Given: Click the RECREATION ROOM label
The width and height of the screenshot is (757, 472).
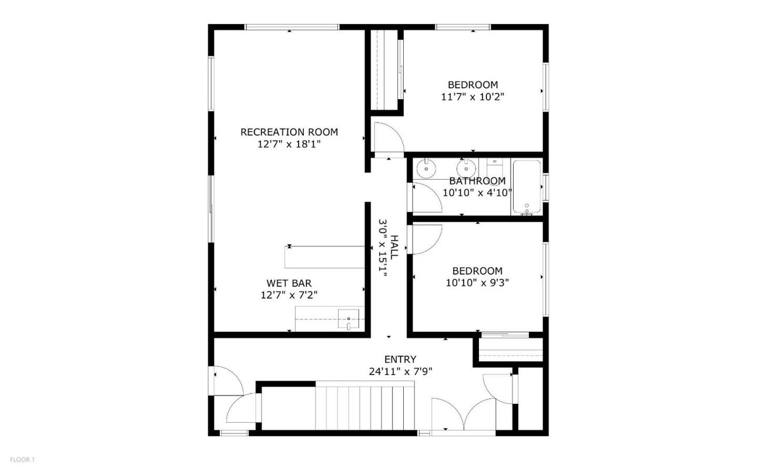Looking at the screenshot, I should pos(289,132).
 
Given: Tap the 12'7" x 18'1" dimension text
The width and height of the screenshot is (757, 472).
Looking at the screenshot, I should pos(289,144).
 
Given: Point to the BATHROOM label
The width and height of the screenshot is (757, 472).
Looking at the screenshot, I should pos(477,181).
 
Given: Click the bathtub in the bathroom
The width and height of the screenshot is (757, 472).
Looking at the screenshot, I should pos(527,187).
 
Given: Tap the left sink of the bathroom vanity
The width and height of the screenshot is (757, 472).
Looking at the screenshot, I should pos(424,168).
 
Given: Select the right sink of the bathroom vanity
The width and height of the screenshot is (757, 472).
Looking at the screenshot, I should pos(467,168).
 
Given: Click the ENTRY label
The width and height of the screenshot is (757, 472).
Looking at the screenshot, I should pos(400,359).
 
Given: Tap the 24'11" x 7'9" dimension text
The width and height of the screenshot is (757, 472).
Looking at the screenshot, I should pos(400,371).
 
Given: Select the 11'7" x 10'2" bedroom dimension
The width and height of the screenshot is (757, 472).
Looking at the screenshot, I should pos(473,96).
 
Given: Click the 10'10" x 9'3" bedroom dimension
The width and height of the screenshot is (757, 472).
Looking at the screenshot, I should pos(477,282).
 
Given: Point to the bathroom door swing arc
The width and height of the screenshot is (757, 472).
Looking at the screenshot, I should pos(427,198).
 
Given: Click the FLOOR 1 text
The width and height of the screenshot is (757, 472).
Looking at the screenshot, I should pos(23,460).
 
